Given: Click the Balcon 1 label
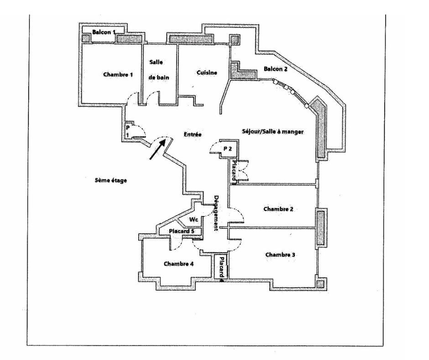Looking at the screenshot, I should [x=105, y=32].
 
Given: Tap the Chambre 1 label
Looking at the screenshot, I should [x=118, y=74].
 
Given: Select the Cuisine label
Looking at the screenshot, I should [x=206, y=73].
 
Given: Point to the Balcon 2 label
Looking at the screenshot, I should [x=276, y=69].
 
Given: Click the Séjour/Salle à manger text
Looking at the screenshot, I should [x=272, y=132].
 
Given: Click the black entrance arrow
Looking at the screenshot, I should [x=157, y=150].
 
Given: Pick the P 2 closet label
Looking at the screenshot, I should [x=228, y=148].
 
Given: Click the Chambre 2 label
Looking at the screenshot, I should [x=278, y=209].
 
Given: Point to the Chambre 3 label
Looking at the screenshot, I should [x=279, y=254].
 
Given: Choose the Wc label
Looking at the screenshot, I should [x=194, y=219].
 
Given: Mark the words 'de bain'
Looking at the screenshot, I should [x=159, y=77].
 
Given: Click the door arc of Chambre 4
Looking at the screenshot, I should [x=176, y=245].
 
